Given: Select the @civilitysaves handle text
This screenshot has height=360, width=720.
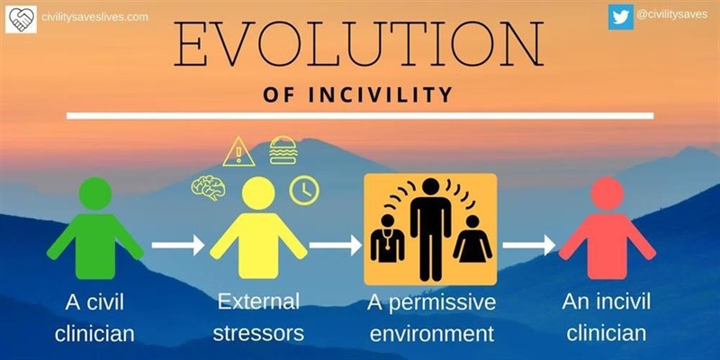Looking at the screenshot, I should coord(673,15).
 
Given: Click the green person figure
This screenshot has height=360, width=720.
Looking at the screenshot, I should coord(95,229).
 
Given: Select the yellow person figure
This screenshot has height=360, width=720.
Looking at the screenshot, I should coord(258,229).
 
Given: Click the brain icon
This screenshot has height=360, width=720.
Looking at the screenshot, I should coord(208,188).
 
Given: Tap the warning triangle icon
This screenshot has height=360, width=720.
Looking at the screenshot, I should coord(238,150).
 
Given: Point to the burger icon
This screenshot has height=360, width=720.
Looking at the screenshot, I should coord(283,148).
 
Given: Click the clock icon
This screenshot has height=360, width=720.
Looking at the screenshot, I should coord(304,189).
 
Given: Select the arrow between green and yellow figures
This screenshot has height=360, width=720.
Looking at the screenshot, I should coord(177,244).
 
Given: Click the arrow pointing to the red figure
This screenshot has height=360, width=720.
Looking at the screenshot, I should coord(527,244).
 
